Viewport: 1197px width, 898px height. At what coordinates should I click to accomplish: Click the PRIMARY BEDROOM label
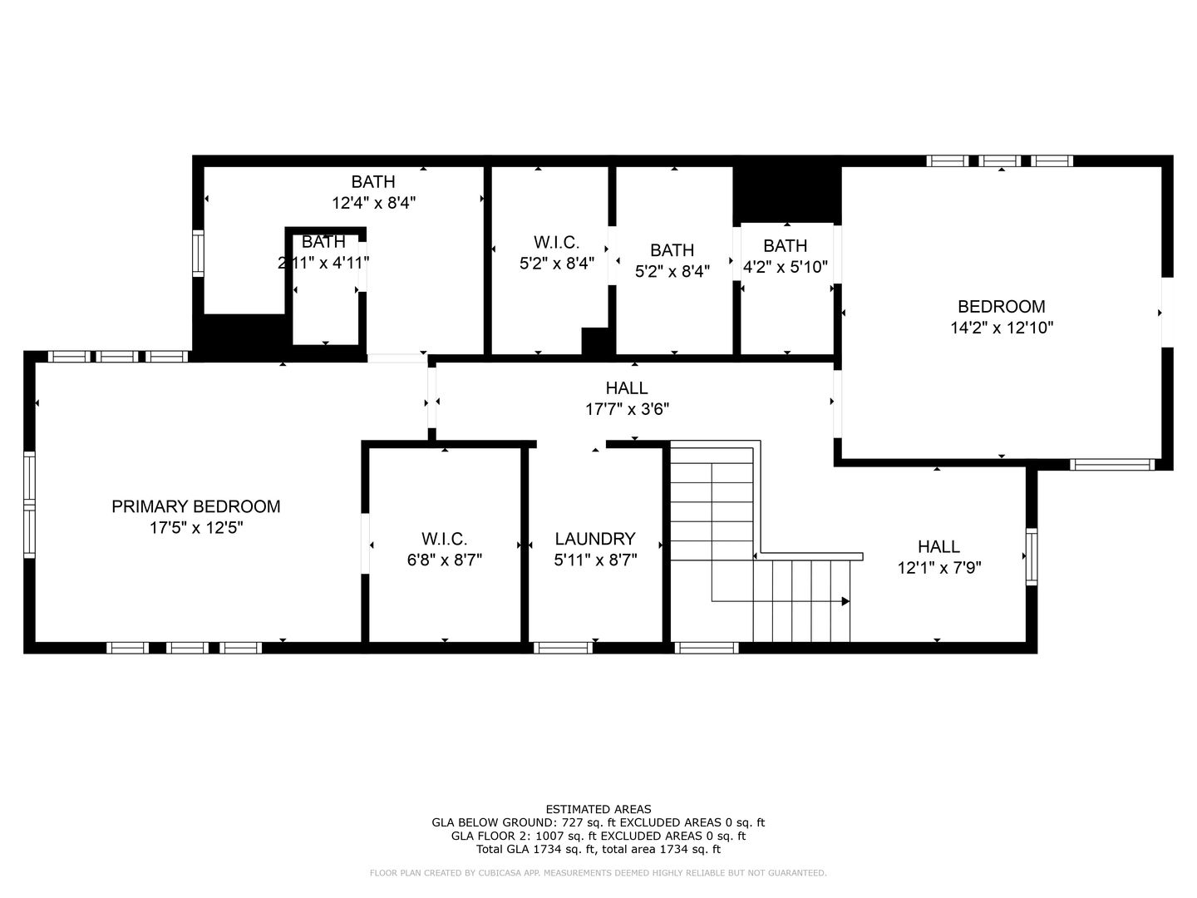(195, 506)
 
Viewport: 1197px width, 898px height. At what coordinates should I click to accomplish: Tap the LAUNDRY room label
(594, 539)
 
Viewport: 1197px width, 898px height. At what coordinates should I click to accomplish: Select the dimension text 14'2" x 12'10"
(1002, 328)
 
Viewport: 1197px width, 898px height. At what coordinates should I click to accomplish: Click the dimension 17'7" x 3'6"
(627, 409)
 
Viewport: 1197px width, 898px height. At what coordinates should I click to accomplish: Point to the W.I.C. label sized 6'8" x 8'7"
(444, 539)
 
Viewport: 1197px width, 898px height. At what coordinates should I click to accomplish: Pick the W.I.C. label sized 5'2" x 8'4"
(556, 242)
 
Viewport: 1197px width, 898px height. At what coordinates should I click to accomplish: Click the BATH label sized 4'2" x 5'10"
(785, 245)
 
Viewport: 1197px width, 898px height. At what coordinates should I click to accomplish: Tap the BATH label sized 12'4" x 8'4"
(373, 181)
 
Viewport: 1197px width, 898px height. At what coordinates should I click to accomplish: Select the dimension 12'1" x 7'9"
(938, 569)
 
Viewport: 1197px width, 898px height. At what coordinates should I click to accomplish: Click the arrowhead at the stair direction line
(845, 601)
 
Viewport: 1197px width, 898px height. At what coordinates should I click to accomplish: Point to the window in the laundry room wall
(563, 648)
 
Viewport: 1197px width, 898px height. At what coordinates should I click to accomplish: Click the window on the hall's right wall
(1031, 556)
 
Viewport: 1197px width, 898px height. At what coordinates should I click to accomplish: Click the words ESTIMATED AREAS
(598, 809)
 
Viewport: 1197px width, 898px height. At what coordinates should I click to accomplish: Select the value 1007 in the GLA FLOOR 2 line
(542, 836)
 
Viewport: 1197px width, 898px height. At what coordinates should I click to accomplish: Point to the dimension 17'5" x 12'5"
(195, 528)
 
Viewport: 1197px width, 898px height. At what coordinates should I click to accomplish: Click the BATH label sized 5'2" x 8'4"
(672, 249)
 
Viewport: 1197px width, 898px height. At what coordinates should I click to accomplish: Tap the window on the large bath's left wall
(198, 253)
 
